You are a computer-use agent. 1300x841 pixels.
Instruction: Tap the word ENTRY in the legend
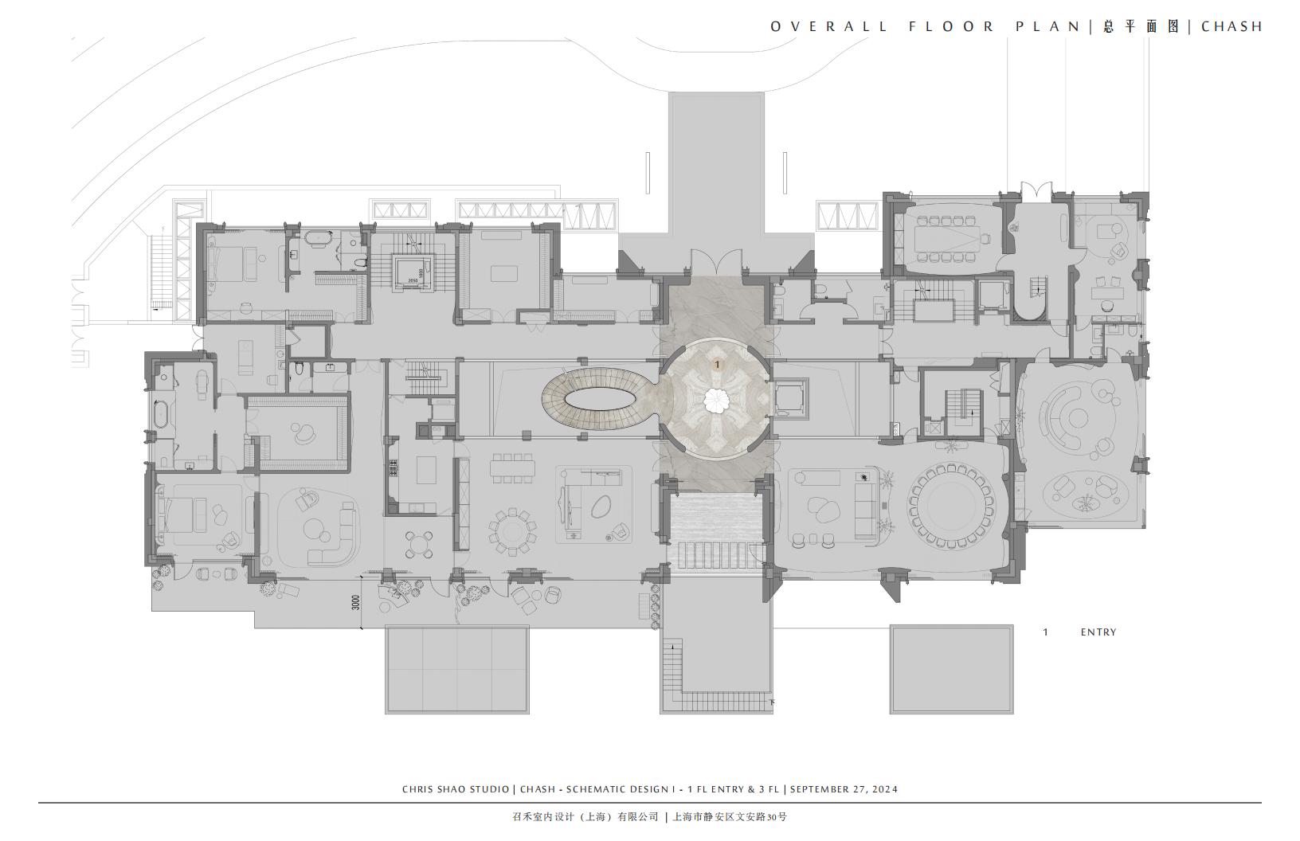1098,632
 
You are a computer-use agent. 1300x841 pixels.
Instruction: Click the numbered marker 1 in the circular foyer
718,365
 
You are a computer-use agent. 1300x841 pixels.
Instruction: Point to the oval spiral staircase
600,400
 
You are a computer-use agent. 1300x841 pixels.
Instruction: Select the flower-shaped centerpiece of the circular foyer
718,400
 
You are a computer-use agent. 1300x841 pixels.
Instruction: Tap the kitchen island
427,470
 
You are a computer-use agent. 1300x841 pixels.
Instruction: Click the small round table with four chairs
419,545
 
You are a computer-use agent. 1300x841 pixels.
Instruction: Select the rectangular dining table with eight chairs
511,467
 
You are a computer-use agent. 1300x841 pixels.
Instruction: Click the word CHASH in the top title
1231,27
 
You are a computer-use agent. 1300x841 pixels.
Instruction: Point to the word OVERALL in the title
828,27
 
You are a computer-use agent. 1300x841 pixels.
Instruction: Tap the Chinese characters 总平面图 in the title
1141,27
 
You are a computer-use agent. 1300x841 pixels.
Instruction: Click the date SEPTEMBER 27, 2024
844,789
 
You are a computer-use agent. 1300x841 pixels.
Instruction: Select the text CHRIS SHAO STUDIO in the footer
456,789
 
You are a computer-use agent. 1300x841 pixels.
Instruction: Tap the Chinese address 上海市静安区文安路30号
730,816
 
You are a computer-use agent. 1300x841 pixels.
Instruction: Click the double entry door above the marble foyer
716,262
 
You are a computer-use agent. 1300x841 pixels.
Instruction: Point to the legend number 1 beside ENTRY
1046,632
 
